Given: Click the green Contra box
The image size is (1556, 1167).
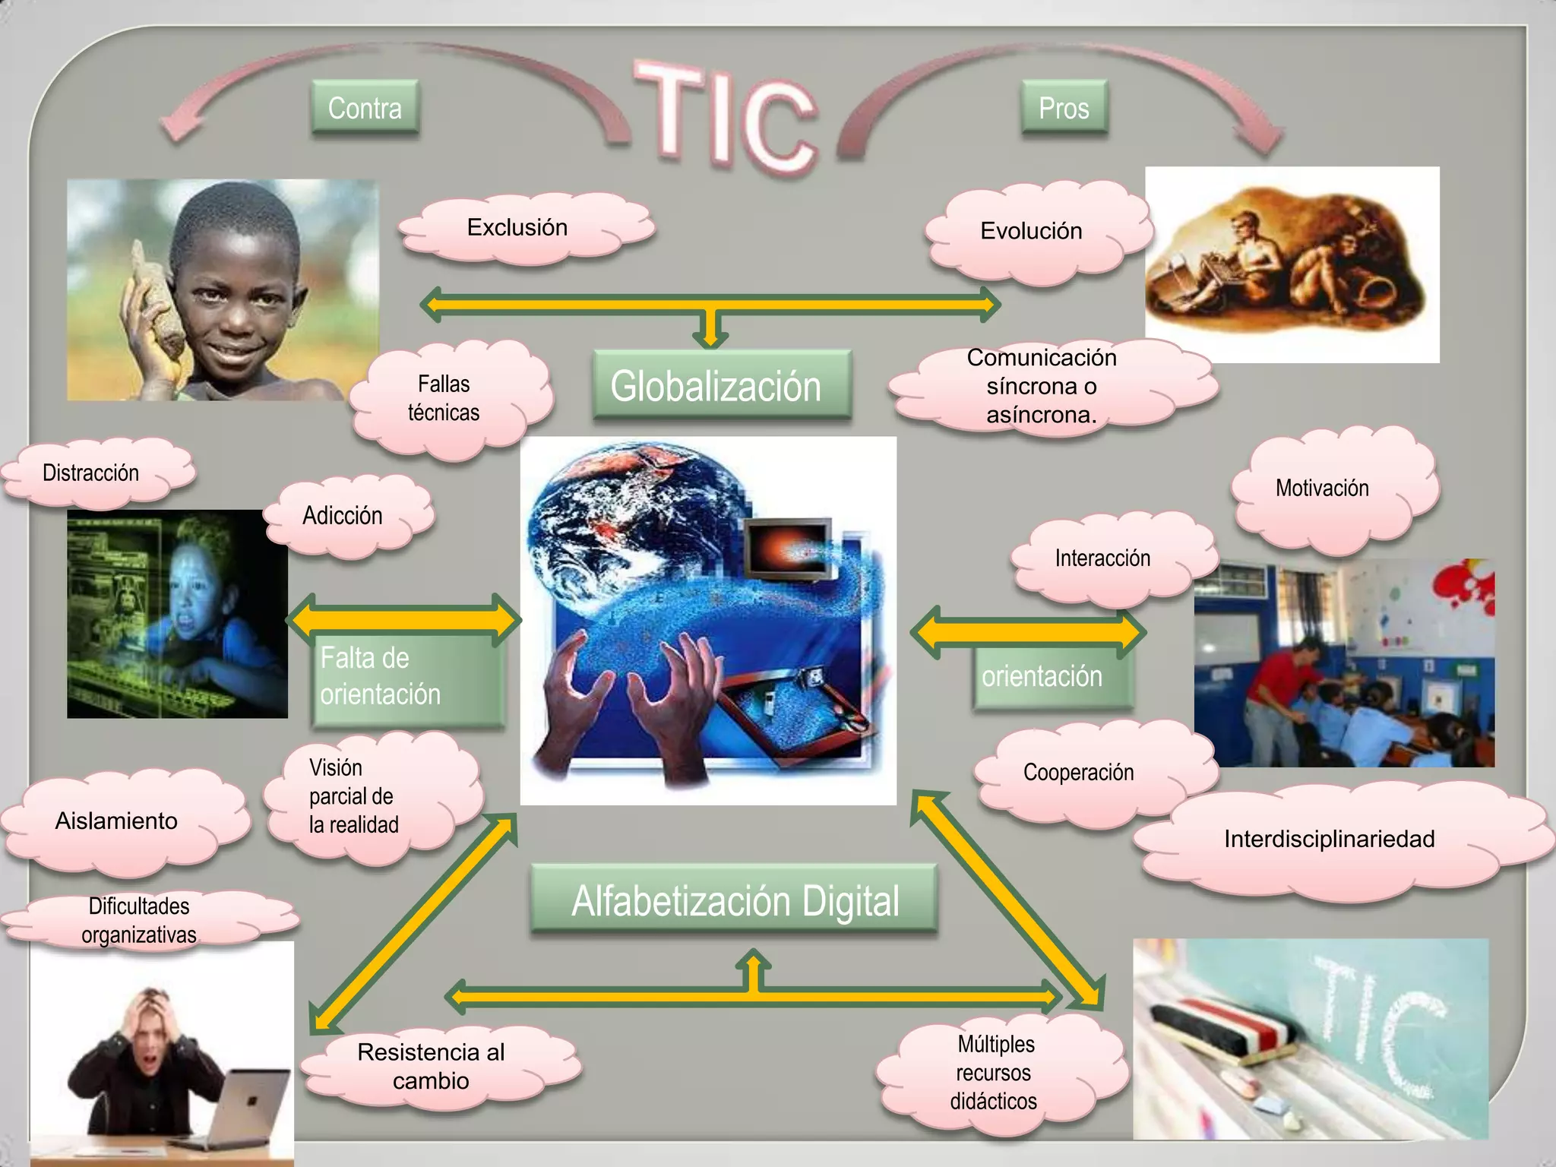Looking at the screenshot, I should point(365,109).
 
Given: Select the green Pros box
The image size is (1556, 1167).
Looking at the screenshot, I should point(1064,109).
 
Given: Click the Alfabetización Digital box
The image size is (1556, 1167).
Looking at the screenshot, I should point(734,901).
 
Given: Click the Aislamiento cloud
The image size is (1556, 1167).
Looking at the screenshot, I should point(118,821).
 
